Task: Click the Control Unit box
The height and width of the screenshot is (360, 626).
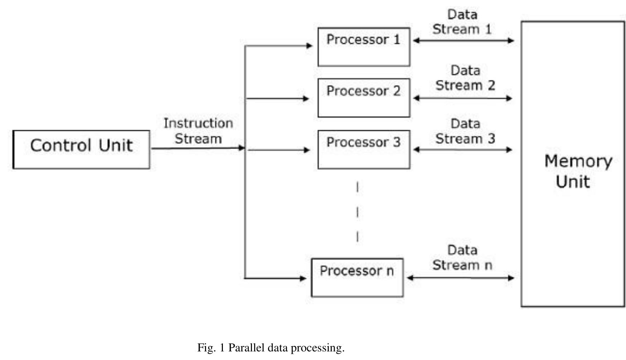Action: point(81,149)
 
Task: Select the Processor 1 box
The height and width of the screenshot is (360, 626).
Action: point(364,47)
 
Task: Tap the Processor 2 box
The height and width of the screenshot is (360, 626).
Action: point(364,98)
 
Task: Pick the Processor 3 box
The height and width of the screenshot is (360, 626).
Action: point(364,149)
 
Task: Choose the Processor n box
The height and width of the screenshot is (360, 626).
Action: point(357,278)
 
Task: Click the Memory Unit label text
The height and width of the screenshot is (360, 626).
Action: point(578,171)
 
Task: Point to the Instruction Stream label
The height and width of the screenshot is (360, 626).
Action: point(198,131)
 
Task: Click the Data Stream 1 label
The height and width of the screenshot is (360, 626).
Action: point(462,22)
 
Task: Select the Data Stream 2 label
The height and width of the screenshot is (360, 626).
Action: point(465,78)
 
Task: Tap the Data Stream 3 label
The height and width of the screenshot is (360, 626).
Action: point(465,131)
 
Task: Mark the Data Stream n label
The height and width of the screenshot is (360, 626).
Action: point(462,258)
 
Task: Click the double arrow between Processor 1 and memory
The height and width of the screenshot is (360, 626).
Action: point(463,40)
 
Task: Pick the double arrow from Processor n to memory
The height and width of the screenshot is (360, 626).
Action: point(460,278)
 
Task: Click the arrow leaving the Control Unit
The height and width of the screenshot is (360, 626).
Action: point(197,148)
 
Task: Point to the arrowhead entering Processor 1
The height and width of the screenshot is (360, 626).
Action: point(310,45)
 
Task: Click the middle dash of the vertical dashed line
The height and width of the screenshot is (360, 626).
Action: point(357,212)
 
